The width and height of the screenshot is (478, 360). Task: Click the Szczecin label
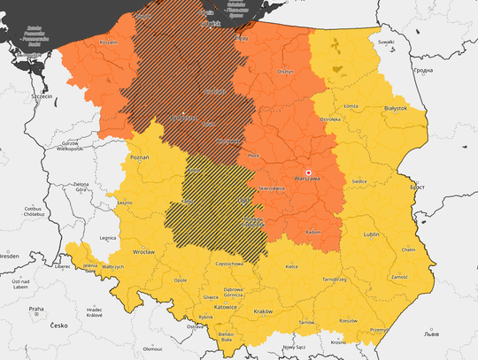coord(40,95)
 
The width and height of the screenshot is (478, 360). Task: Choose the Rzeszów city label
coord(348,320)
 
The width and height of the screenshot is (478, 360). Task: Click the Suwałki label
coord(385,41)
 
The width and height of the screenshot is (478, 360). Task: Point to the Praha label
coord(35,309)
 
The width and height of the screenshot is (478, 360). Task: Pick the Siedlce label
coord(360,181)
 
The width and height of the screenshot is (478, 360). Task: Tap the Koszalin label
coord(84,41)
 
